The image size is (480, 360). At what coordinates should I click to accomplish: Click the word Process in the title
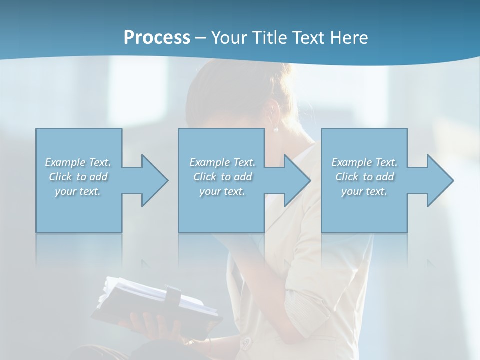point(157,38)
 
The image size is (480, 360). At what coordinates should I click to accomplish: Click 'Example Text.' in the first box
point(78,162)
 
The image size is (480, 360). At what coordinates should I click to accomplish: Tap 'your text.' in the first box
point(78,191)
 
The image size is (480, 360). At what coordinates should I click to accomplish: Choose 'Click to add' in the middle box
point(222,177)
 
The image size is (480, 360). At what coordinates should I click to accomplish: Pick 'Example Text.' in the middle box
point(222,162)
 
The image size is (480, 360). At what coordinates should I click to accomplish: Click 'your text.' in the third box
point(364,191)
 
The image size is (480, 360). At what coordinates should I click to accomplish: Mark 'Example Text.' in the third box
point(364,162)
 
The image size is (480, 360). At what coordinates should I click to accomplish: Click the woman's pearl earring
point(275,130)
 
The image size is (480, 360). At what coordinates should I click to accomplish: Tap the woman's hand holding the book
point(150,325)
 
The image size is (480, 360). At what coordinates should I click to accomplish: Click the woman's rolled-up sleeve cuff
point(300,300)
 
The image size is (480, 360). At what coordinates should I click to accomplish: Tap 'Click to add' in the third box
point(364,177)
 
